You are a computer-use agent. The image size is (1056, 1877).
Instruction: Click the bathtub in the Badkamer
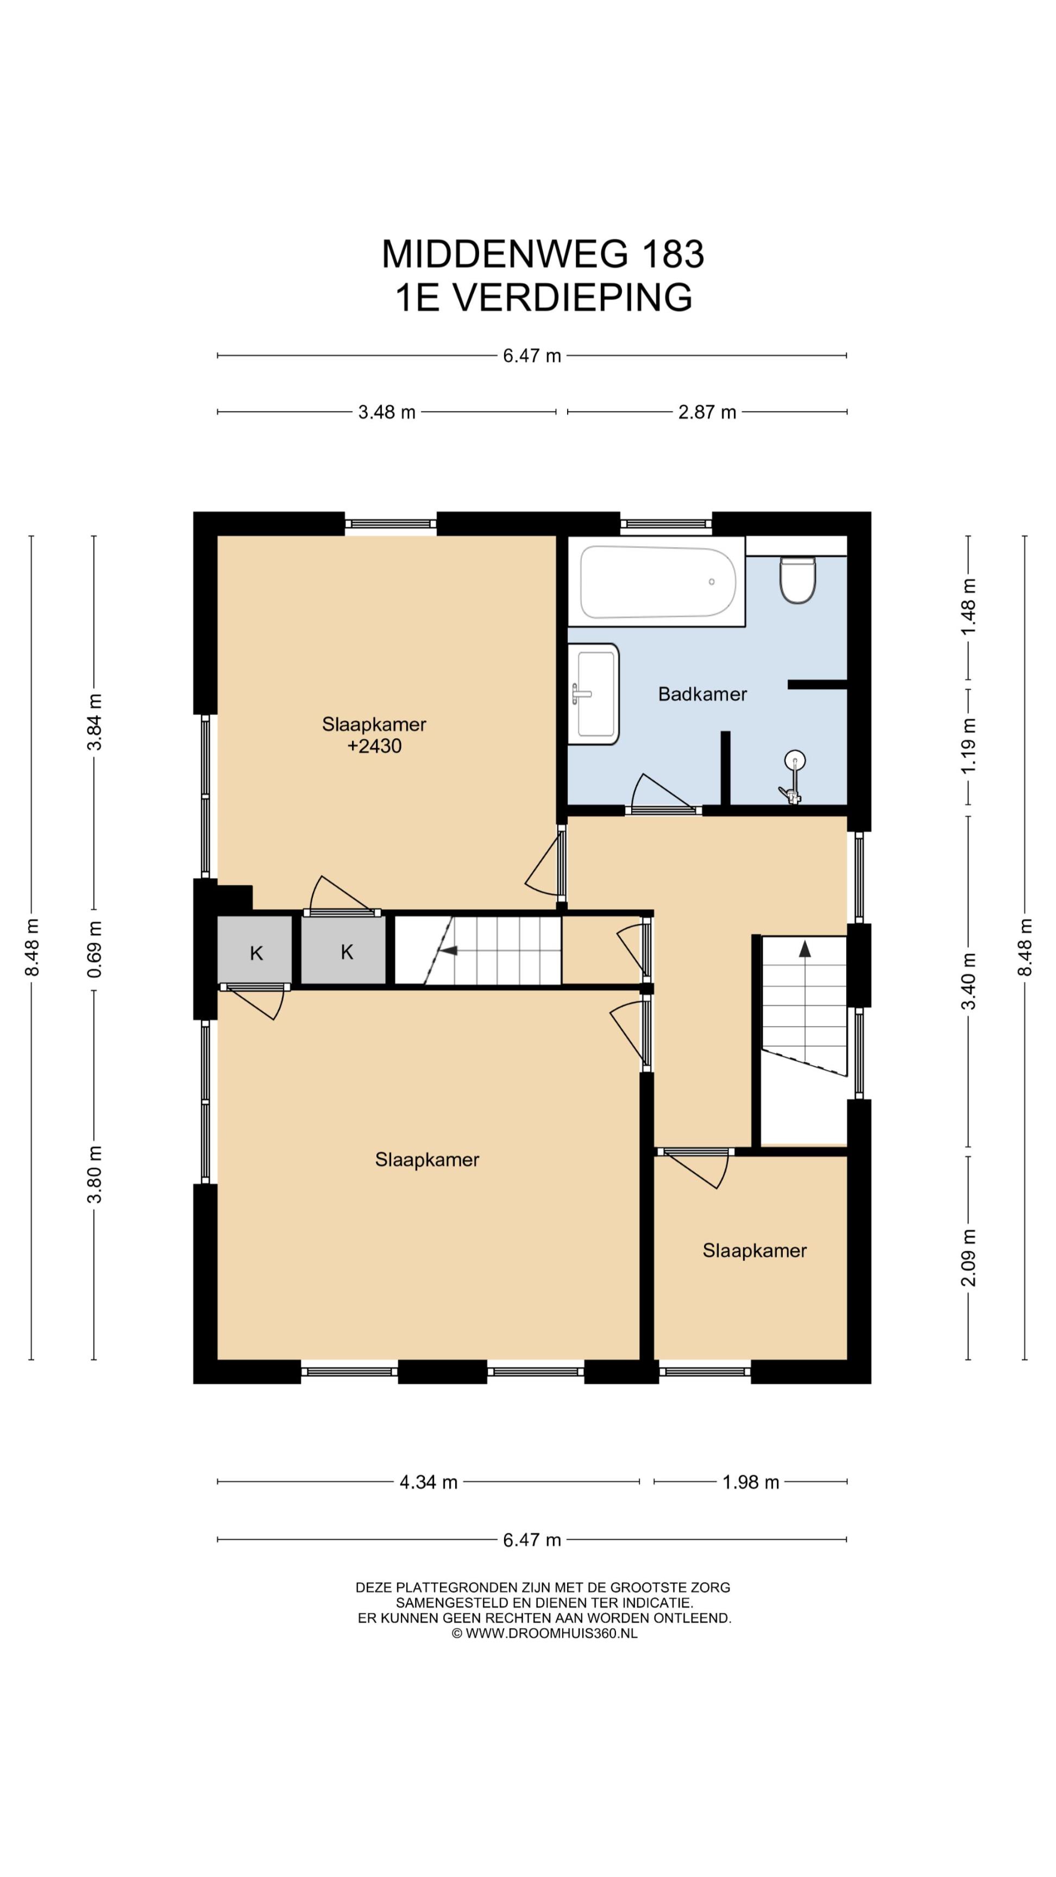click(657, 582)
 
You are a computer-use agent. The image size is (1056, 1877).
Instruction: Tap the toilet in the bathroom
click(797, 580)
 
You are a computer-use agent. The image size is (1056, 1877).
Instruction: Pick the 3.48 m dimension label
click(386, 412)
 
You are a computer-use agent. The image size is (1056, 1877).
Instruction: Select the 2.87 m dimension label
click(707, 412)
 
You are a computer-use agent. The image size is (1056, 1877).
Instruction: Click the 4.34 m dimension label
click(429, 1482)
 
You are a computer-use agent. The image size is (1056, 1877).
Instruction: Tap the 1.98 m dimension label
click(751, 1482)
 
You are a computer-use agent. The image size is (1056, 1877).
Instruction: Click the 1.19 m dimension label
click(969, 746)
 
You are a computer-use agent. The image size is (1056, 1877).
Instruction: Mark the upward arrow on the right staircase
click(804, 949)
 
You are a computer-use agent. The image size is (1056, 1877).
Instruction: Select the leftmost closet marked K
click(255, 949)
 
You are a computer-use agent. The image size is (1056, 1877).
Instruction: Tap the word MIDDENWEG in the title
click(504, 254)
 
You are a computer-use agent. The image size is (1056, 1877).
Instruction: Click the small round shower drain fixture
click(795, 761)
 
